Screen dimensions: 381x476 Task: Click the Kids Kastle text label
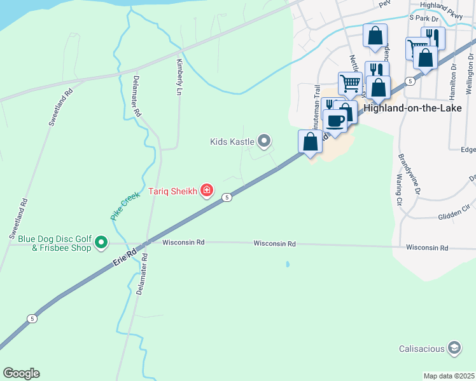point(232,141)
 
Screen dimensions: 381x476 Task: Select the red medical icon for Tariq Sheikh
point(207,190)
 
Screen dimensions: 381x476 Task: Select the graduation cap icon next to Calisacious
point(454,348)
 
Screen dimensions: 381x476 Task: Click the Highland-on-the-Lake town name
point(416,108)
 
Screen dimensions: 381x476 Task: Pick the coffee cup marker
point(335,120)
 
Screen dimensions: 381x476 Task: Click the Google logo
point(21,373)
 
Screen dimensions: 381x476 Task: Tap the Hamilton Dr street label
point(453,79)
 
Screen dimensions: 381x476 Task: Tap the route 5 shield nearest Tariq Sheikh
point(227,198)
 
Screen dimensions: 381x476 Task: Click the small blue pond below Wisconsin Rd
point(288,264)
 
